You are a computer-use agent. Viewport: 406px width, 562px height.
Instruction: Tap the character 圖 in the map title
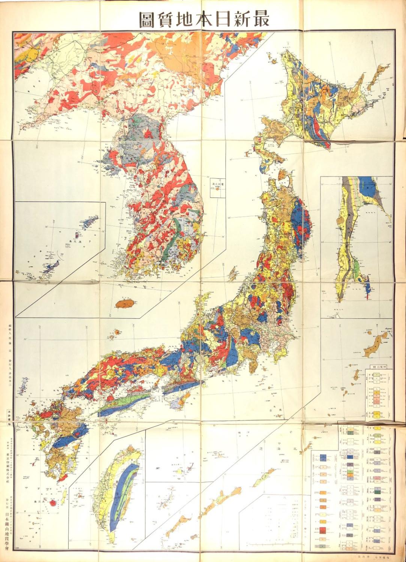[x=148, y=20]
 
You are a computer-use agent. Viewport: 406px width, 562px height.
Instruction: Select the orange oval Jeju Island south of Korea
[x=125, y=303]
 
